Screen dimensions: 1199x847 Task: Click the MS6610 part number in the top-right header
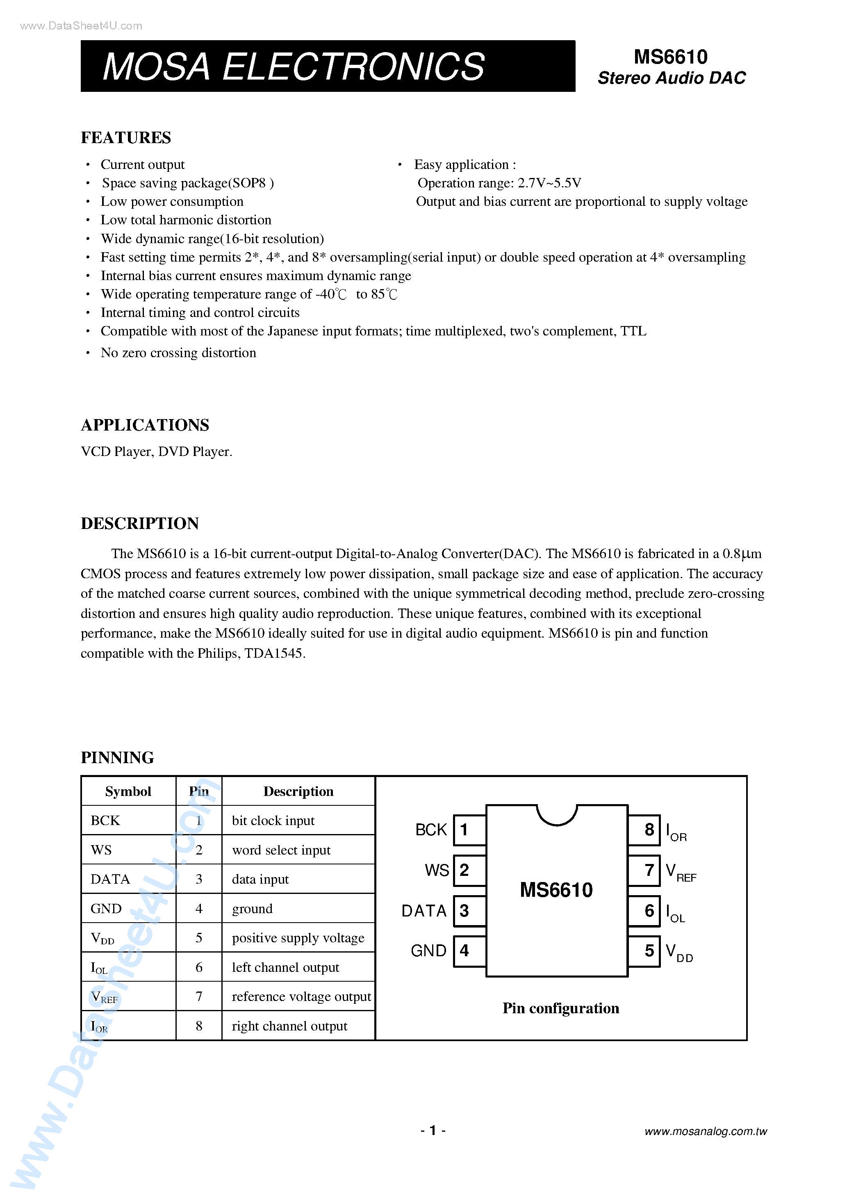click(670, 57)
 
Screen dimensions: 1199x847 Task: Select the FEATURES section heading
click(126, 138)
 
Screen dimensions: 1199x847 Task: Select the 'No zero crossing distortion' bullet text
click(178, 353)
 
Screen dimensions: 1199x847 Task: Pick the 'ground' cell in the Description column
click(252, 909)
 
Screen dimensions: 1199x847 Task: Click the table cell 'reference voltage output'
click(301, 996)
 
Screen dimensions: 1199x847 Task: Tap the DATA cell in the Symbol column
click(110, 880)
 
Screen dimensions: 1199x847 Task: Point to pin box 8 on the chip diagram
click(649, 830)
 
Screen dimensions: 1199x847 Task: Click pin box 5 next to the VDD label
click(649, 951)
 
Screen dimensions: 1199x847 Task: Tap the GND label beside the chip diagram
click(428, 951)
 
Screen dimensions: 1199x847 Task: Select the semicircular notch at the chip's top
click(557, 814)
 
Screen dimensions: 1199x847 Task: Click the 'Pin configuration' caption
click(560, 1008)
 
